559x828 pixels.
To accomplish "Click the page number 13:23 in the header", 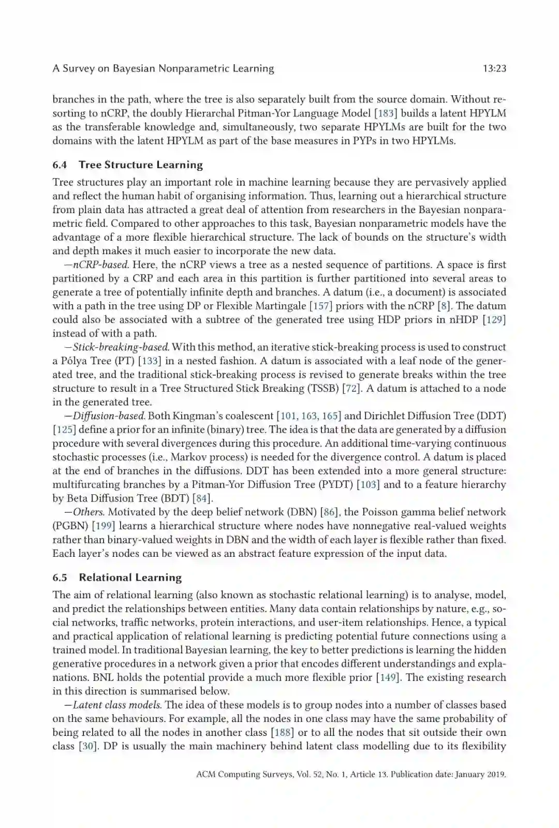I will (494, 68).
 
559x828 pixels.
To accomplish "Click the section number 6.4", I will (60, 165).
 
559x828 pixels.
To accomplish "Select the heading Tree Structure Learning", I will (140, 165).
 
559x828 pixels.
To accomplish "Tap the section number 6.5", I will (60, 578).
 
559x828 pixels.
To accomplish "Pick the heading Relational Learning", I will (130, 578).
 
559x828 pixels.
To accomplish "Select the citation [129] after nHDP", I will (494, 319).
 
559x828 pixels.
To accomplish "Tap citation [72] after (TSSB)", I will (351, 388).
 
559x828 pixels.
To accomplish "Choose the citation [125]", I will (64, 430).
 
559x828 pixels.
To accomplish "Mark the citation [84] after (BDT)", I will (202, 498).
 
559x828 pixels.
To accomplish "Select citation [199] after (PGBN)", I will (103, 526).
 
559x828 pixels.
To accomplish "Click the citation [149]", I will (388, 677).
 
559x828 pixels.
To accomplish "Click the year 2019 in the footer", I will (495, 775).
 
